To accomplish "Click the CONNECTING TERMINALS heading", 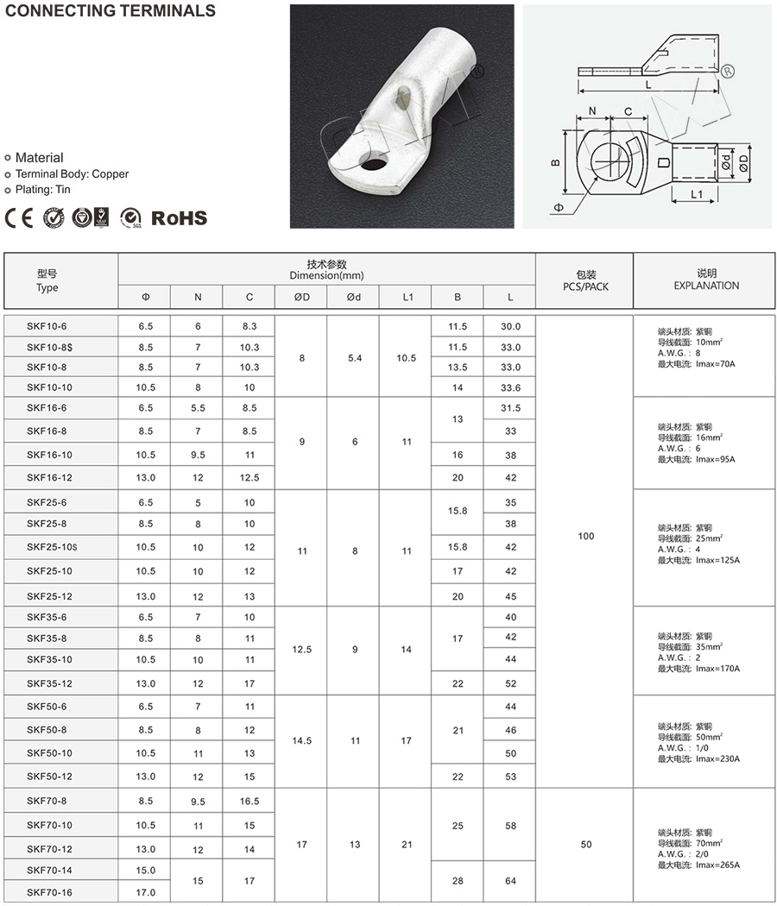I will tap(109, 11).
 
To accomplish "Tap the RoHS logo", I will tap(180, 217).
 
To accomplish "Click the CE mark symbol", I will tap(18, 217).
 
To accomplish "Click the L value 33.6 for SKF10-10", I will tap(510, 388).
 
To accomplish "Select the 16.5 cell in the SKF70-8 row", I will tap(250, 801).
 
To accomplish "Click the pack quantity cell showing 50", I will tap(586, 844).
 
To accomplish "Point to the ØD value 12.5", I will tap(302, 650).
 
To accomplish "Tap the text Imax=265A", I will tap(717, 865).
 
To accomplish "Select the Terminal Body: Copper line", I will tap(72, 173).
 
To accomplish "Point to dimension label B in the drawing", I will tap(556, 162).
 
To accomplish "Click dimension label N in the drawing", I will tap(592, 110).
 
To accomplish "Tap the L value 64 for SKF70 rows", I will tap(510, 880).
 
